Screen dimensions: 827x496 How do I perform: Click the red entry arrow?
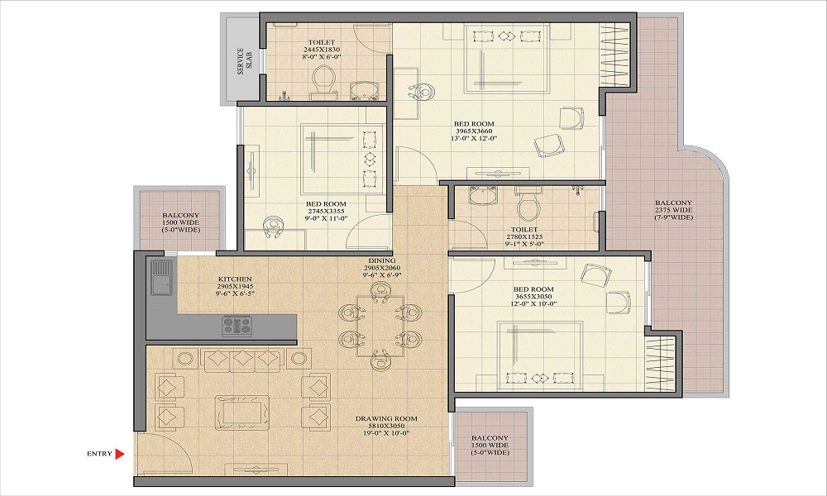pos(120,453)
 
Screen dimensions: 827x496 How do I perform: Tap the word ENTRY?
pos(100,454)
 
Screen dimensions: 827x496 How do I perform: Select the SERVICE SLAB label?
pos(244,61)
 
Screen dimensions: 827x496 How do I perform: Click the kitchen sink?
pos(161,277)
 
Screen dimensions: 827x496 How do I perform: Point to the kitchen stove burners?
pos(237,326)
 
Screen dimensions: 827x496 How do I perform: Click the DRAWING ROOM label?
pos(386,418)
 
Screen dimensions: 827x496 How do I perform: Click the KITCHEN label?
pos(235,279)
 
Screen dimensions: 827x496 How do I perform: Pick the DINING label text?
pos(382,260)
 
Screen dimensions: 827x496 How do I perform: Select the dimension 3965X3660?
pos(474,131)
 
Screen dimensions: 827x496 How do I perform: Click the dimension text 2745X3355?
pos(326,212)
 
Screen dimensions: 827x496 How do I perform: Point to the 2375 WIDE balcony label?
pos(673,210)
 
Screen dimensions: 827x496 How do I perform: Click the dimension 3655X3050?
pos(533,297)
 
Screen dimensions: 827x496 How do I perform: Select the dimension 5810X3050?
pos(386,426)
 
